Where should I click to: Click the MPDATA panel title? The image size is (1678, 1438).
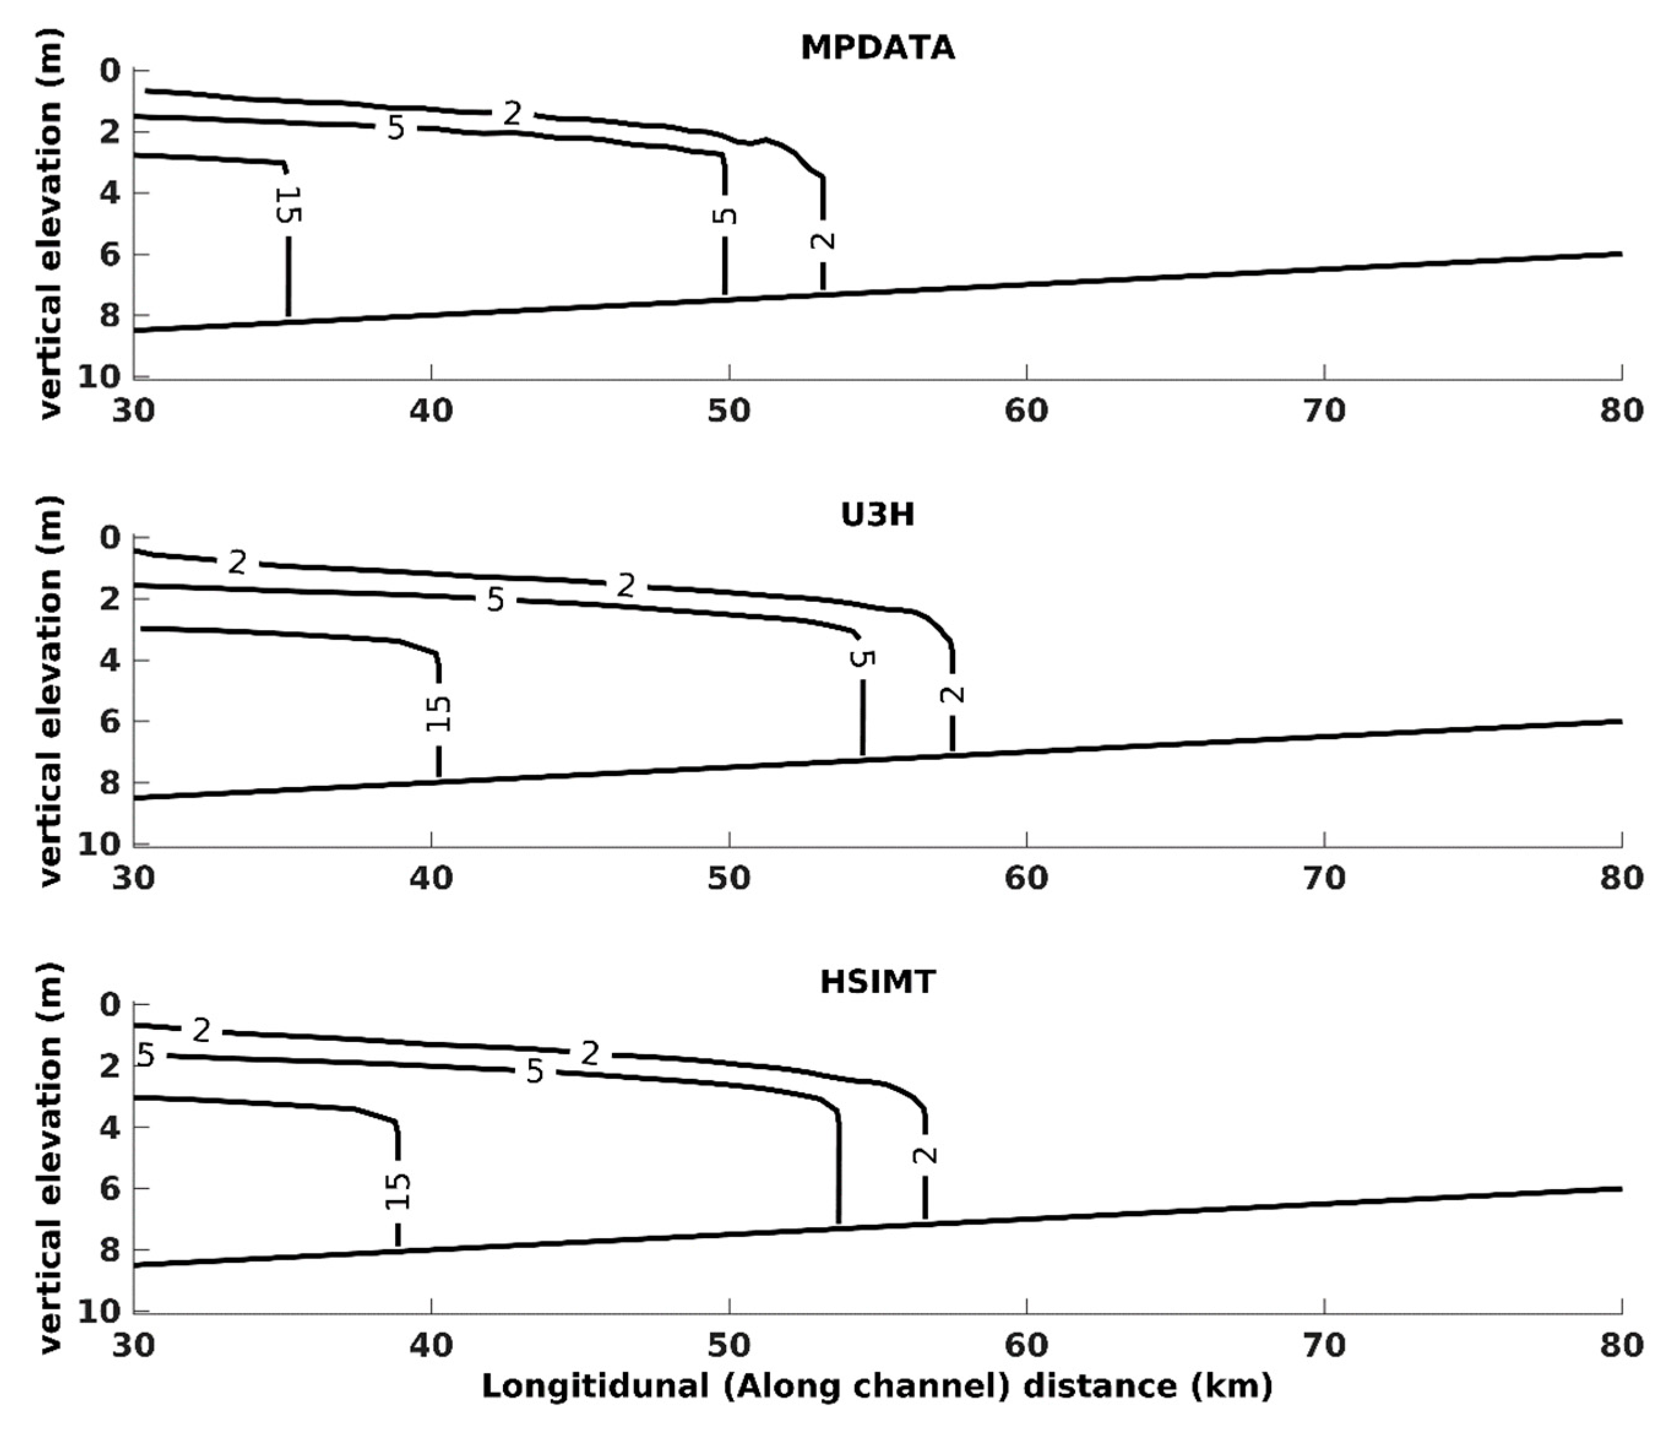(x=877, y=48)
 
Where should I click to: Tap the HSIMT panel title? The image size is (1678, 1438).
(x=877, y=982)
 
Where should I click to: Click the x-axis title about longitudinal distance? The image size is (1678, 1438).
(x=877, y=1385)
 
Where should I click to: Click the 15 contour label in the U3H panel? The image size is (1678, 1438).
(x=438, y=713)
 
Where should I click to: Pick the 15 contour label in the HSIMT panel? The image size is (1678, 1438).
(x=398, y=1191)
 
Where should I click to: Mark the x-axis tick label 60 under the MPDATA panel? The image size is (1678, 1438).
(x=1026, y=411)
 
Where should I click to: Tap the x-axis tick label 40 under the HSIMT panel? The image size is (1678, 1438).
(x=431, y=1345)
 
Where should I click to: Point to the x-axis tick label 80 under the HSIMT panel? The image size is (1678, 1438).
(x=1621, y=1345)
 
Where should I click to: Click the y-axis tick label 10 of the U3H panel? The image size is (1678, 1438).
(x=100, y=844)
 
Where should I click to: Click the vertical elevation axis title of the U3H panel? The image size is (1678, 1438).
(x=50, y=690)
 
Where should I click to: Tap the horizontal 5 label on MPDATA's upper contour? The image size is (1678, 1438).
(x=395, y=128)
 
